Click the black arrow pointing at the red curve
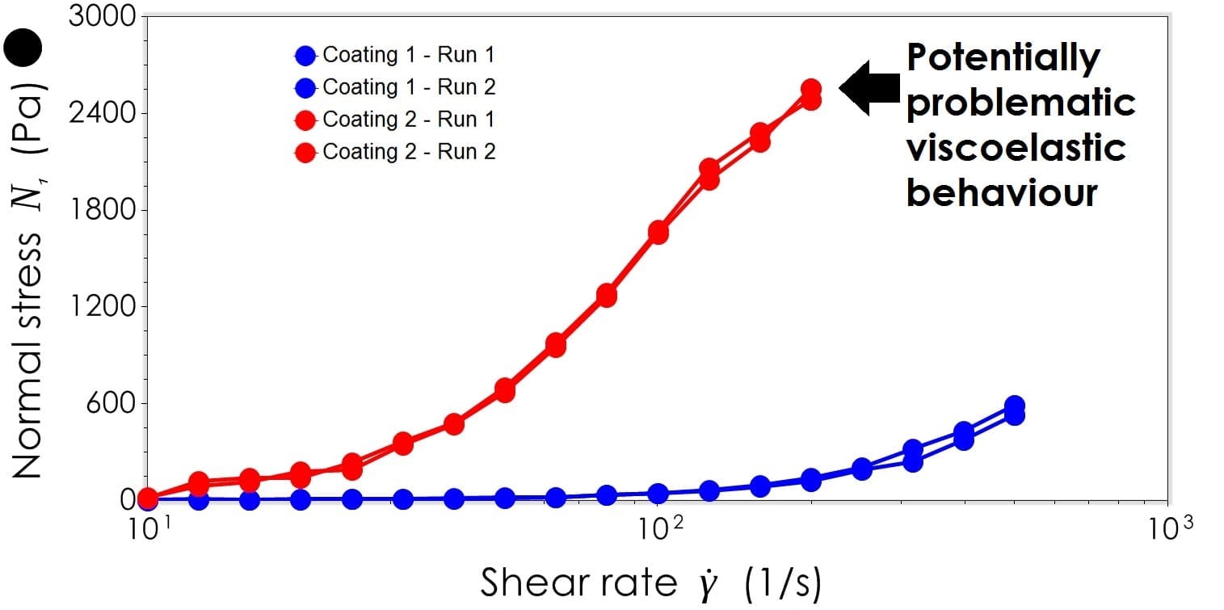click(x=869, y=87)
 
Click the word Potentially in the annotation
click(x=1003, y=58)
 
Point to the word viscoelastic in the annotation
click(x=1016, y=148)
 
